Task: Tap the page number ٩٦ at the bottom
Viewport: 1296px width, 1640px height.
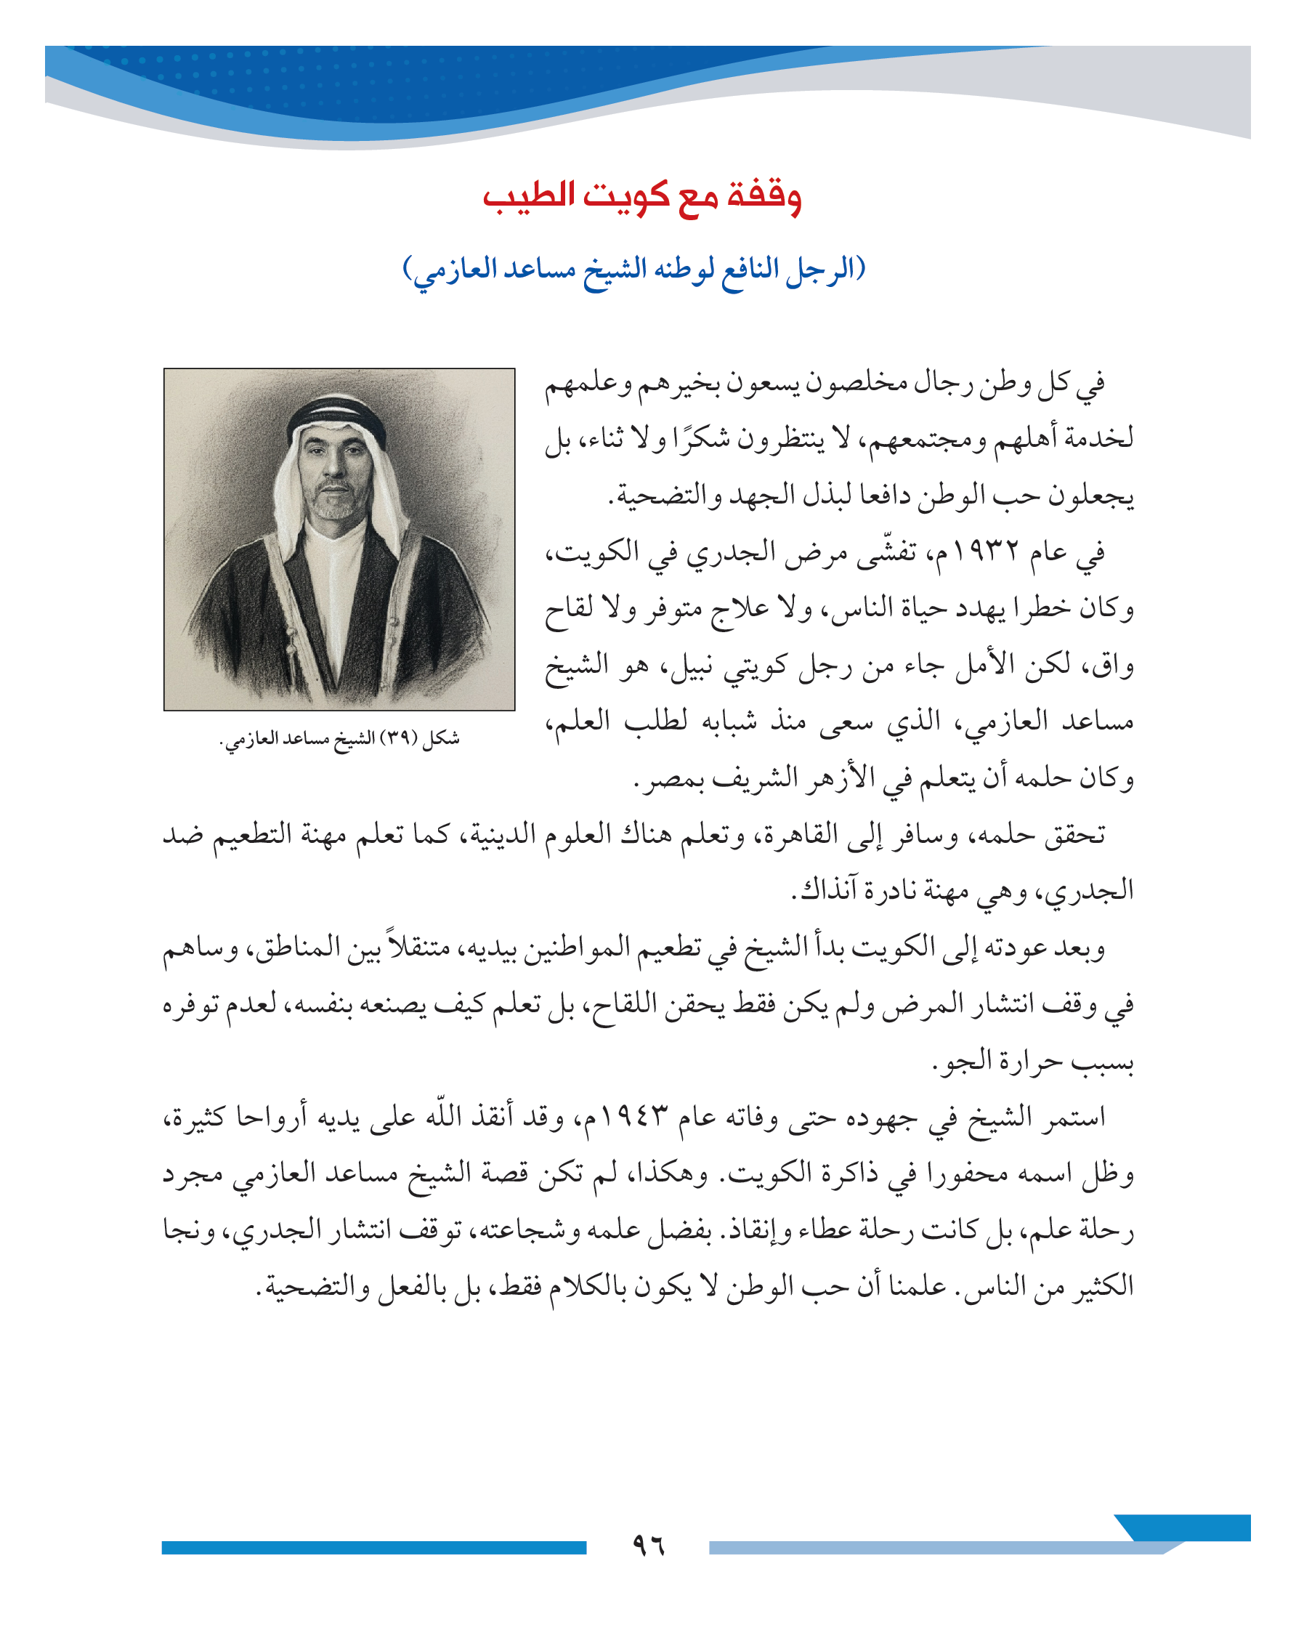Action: pyautogui.click(x=648, y=1545)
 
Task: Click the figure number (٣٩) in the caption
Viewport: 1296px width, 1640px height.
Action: pyautogui.click(x=394, y=738)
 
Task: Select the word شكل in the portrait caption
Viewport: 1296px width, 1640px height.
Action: pyautogui.click(x=442, y=738)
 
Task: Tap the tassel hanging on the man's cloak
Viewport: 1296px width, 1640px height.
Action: pyautogui.click(x=290, y=653)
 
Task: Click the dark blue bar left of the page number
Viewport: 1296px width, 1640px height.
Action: pyautogui.click(x=373, y=1548)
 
